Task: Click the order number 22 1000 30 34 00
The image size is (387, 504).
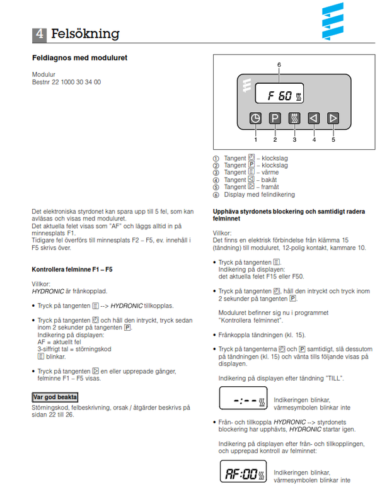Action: coord(66,83)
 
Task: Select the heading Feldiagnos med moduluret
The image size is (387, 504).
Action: coord(80,58)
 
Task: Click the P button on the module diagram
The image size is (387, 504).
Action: coord(275,117)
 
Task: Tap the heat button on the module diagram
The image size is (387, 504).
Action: coord(294,117)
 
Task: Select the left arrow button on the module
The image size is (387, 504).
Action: coord(314,117)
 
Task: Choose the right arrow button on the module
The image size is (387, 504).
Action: coord(333,117)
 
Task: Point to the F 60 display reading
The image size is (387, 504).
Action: coord(280,96)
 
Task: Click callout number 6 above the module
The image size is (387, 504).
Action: coord(279,65)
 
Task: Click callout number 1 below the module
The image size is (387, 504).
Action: coord(255,140)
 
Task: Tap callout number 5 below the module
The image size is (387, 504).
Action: coord(333,140)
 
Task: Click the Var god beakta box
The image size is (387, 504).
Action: coord(55,397)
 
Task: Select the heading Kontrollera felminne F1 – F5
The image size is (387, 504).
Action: coord(72,270)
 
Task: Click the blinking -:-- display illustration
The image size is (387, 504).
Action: coord(243,400)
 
